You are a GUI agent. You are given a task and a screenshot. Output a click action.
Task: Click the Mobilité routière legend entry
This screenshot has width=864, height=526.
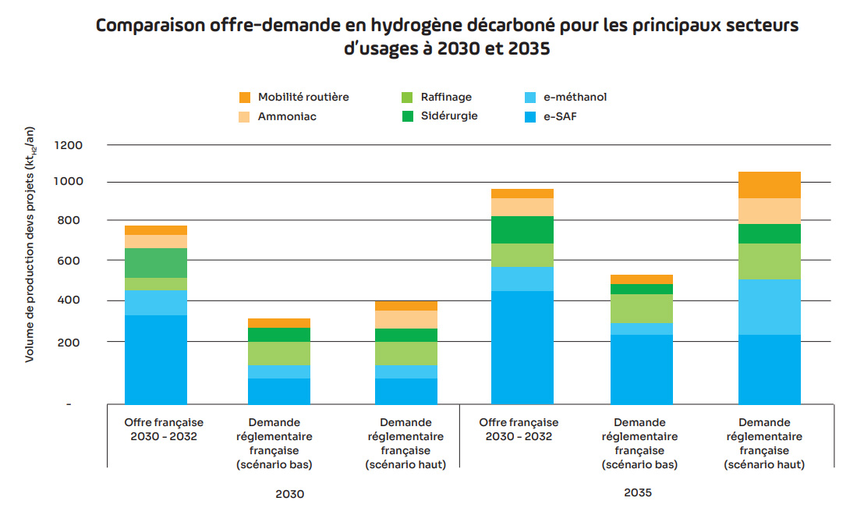click(303, 98)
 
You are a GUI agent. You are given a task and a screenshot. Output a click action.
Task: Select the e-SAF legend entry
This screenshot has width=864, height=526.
click(560, 117)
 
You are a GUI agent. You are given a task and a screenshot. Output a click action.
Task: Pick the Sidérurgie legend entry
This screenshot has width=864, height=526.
click(449, 116)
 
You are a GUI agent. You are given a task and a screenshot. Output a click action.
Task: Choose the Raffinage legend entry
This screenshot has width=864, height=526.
click(446, 98)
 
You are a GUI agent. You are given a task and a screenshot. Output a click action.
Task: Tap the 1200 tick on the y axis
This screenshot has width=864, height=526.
click(69, 145)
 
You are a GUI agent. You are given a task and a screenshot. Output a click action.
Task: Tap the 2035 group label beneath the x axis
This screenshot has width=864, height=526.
click(637, 493)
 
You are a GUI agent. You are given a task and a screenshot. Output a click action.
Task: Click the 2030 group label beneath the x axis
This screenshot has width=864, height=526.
click(289, 494)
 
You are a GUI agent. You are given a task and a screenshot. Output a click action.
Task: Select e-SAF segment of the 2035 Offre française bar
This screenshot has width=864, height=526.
click(522, 347)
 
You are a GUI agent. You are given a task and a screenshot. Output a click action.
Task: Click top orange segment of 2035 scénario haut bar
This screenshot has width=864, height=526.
click(769, 185)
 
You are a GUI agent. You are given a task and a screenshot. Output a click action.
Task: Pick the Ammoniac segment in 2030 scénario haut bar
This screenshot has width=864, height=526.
click(405, 319)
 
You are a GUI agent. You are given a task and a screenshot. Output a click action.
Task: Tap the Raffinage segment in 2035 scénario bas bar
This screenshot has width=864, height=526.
click(642, 308)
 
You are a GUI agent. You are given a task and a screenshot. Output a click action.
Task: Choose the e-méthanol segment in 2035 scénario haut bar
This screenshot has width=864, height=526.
click(769, 307)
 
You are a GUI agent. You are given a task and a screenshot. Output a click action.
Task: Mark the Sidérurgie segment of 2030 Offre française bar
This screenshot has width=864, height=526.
click(156, 263)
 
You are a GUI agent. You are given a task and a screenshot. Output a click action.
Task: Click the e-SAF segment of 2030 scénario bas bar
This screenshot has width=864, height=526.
click(279, 391)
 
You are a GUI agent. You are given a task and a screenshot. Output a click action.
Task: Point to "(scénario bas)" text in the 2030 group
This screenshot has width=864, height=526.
click(279, 464)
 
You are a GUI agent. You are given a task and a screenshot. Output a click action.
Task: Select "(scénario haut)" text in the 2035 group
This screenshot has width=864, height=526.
click(764, 464)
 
